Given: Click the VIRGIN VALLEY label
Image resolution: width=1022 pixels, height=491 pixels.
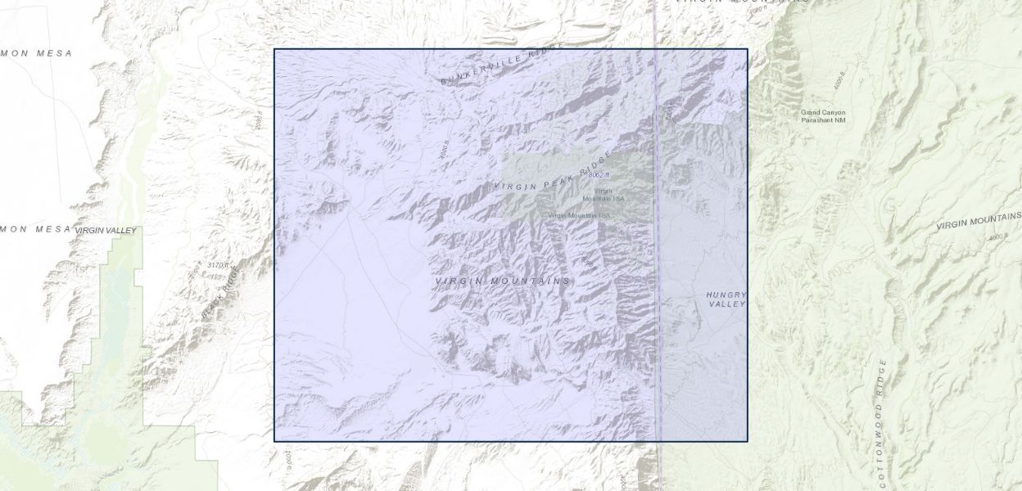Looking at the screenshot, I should click(106, 232).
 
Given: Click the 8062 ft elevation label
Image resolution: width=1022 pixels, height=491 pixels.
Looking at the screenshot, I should click(599, 175).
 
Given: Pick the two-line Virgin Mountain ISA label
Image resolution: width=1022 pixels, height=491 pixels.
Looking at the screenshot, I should click(604, 196).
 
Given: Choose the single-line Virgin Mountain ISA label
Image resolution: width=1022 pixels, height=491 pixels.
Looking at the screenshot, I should click(579, 215).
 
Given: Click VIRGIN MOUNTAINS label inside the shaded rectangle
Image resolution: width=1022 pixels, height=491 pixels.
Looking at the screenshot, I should click(502, 282).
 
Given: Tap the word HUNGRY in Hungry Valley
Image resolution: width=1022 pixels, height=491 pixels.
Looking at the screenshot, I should click(726, 295).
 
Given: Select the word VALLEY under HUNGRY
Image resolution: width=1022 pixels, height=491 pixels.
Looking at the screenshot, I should click(727, 304).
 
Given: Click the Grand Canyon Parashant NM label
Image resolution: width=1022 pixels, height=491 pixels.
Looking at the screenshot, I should click(823, 116).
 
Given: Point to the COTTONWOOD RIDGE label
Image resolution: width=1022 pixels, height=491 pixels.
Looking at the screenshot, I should click(882, 421).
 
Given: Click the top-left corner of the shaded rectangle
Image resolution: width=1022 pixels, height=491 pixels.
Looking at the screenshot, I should click(274, 49).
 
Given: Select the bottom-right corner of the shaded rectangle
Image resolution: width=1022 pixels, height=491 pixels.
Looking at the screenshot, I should click(748, 441).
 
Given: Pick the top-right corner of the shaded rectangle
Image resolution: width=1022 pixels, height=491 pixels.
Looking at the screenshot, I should click(748, 49).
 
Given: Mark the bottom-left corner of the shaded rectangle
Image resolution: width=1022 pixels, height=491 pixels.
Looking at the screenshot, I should click(274, 441).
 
